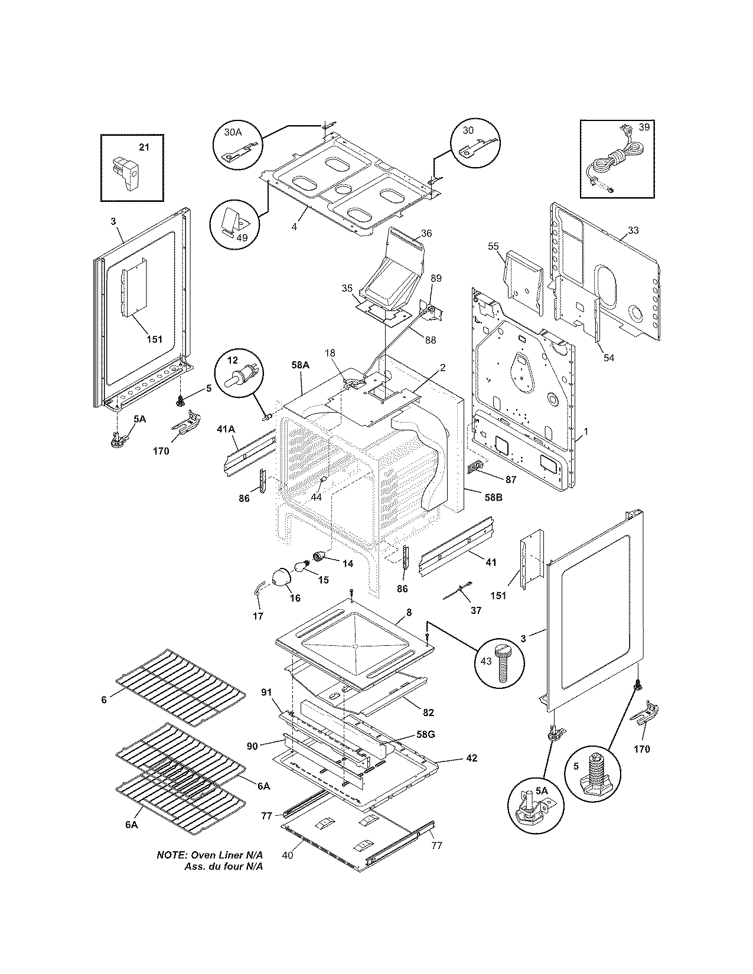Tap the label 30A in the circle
[233, 133]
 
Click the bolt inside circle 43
[503, 661]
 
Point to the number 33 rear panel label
[633, 230]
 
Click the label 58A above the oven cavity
[300, 365]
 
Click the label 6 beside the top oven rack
[104, 699]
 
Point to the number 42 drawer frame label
[471, 757]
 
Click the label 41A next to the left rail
[227, 430]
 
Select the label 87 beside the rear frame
[510, 479]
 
